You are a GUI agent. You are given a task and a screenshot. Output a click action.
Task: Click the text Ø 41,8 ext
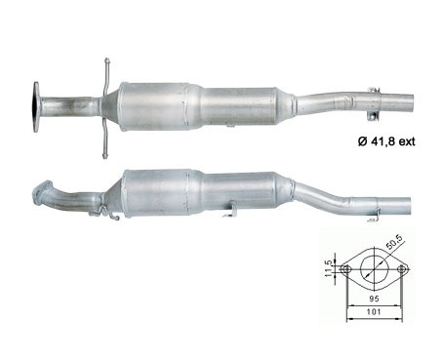pyautogui.click(x=386, y=141)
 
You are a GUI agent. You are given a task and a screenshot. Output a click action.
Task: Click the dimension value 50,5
pyautogui.click(x=394, y=243)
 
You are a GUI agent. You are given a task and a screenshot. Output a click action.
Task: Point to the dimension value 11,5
pyautogui.click(x=329, y=268)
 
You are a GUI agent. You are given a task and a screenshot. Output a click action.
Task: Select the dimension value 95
pyautogui.click(x=374, y=299)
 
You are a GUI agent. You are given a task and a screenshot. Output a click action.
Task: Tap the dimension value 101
pyautogui.click(x=374, y=312)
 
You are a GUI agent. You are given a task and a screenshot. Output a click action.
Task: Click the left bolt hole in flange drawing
pyautogui.click(x=346, y=269)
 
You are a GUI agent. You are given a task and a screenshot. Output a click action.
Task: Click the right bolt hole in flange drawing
pyautogui.click(x=402, y=269)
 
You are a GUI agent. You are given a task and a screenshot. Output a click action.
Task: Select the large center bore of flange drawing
pyautogui.click(x=375, y=269)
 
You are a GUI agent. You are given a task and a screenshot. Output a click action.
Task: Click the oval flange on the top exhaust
pyautogui.click(x=36, y=107)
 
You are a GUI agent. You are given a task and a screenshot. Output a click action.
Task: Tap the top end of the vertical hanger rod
pyautogui.click(x=106, y=60)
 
